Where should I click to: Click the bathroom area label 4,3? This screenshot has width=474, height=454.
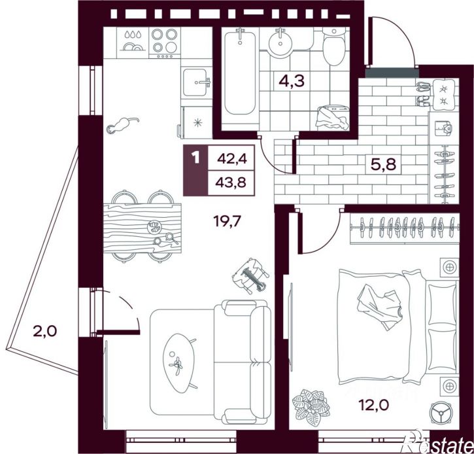[292, 80]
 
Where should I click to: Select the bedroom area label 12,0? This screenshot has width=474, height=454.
[373, 404]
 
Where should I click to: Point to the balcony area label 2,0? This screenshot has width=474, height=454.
[44, 332]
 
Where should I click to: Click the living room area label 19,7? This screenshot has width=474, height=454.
[227, 221]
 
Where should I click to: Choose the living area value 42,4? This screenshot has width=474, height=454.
[232, 158]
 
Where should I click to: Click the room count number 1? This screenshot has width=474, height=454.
[196, 158]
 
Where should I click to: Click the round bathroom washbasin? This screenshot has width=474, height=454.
[280, 43]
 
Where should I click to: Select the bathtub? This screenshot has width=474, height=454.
[240, 73]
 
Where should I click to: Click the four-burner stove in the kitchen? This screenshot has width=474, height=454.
[165, 43]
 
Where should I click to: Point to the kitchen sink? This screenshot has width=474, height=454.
[195, 82]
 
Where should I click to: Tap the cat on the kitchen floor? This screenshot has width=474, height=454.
[122, 124]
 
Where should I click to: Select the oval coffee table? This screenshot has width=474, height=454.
[178, 363]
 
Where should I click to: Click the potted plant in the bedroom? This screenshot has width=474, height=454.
[311, 408]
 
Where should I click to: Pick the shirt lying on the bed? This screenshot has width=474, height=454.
[379, 306]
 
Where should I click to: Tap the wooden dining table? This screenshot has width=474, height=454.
[143, 228]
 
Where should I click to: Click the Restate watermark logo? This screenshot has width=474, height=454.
[439, 442]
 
